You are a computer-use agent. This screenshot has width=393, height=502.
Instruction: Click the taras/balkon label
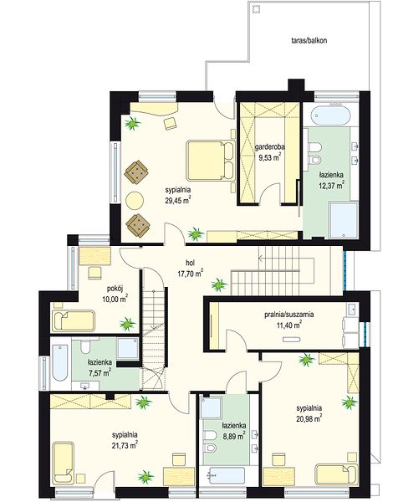[309, 41]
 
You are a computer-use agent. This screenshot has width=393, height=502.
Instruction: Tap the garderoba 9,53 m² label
[270, 151]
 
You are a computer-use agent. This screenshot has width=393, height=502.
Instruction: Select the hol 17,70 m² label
[191, 268]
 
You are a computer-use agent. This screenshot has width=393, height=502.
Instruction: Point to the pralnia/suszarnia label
[289, 314]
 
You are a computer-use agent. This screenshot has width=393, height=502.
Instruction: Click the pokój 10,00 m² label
[115, 294]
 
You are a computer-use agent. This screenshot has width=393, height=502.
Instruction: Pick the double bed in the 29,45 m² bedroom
[211, 161]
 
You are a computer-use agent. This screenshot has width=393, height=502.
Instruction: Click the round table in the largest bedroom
[135, 201]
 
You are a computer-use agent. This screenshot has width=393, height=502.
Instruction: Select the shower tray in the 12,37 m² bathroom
[344, 220]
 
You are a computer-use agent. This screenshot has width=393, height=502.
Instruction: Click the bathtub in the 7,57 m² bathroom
[60, 362]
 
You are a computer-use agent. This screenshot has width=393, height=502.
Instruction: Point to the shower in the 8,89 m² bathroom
[211, 408]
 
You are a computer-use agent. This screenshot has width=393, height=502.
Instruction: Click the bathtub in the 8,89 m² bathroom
[227, 477]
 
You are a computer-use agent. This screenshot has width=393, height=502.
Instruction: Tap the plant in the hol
[219, 284]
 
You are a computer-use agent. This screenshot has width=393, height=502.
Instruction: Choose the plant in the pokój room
[127, 324]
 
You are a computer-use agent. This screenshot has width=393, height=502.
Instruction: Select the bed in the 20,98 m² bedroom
[335, 474]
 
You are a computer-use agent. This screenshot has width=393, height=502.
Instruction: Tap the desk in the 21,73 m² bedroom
[179, 476]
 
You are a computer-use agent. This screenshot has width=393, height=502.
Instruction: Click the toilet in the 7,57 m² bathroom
[85, 346]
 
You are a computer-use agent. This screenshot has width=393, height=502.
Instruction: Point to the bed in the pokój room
[74, 320]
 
